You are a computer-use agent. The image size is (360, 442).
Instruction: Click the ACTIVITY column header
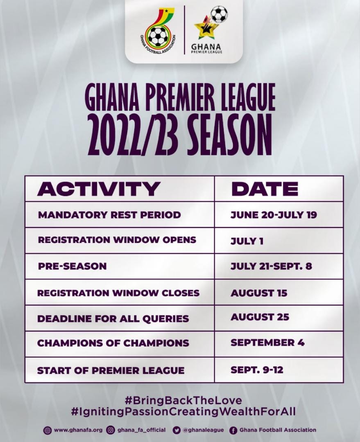[99, 189]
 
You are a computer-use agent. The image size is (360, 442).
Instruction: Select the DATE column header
[265, 189]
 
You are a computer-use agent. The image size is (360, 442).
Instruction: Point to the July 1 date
[247, 241]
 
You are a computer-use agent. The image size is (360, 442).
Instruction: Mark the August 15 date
[259, 293]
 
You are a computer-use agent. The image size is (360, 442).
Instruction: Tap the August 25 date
[260, 317]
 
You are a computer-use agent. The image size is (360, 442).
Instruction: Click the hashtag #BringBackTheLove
[183, 400]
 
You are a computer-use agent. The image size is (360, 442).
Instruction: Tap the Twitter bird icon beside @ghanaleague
[177, 431]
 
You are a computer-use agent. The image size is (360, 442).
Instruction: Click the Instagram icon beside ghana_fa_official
[111, 431]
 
